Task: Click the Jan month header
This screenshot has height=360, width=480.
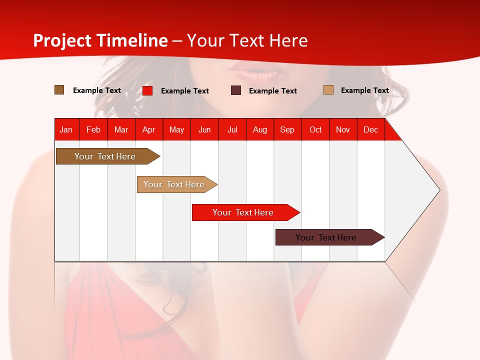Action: point(66,129)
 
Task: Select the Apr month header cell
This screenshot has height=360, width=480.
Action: point(148,129)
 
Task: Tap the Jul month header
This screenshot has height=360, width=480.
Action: point(232,129)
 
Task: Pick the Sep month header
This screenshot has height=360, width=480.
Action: point(287,129)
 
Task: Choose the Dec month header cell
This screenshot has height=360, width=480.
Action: point(370,129)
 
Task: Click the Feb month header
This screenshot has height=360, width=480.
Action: point(93,129)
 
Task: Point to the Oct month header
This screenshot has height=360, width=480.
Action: point(315,129)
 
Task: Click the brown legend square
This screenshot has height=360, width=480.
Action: point(59,90)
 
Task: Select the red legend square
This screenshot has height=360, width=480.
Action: point(147,90)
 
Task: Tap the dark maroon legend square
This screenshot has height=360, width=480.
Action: point(236,90)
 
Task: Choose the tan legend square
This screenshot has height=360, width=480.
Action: point(328,90)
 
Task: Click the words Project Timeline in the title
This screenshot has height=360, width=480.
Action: point(100,40)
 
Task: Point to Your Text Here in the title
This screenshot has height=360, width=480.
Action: point(247,40)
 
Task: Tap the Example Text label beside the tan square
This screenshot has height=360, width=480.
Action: point(364,90)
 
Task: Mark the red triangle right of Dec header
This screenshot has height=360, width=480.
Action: point(391,133)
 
